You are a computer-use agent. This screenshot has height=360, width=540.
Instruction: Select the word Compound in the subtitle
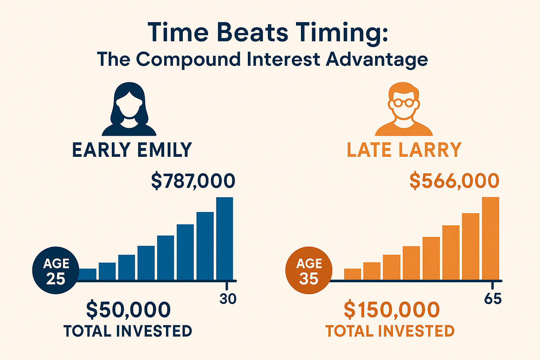[188, 60]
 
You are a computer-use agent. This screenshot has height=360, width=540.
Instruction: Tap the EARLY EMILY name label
[132, 150]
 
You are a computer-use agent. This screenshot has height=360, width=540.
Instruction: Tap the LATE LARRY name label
[404, 150]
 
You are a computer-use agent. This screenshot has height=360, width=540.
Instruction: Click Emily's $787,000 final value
[193, 181]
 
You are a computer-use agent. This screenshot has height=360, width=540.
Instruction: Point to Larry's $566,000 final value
[454, 181]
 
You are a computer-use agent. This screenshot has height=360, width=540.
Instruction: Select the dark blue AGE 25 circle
[56, 270]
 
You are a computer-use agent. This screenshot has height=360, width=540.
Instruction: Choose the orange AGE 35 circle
[309, 270]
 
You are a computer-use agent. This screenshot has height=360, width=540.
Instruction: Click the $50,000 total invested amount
[128, 310]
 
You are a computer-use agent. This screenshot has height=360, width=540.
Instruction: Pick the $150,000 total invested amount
[392, 310]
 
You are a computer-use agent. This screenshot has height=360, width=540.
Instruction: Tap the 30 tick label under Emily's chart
[228, 299]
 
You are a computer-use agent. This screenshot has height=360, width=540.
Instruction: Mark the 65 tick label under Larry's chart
[493, 299]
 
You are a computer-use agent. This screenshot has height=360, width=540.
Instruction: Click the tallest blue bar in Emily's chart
[225, 238]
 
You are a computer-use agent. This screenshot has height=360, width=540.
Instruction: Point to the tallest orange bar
[490, 238]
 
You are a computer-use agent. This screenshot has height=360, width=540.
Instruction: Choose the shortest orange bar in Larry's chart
[353, 274]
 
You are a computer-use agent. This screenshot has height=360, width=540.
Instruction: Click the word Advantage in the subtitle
[377, 60]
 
